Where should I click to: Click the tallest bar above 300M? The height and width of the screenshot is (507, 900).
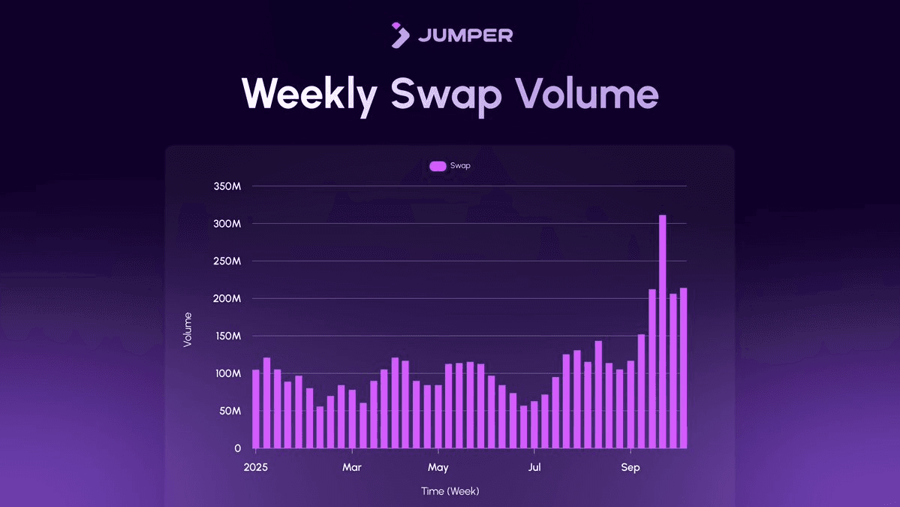click(x=663, y=330)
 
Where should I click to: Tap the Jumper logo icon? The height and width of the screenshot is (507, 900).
click(x=400, y=35)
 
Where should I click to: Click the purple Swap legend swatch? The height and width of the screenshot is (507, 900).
click(x=438, y=166)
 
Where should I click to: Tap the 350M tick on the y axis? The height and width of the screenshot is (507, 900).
click(x=226, y=186)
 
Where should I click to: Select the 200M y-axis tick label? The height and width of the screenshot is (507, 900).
click(x=226, y=298)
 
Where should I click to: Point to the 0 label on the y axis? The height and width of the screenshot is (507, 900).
click(x=237, y=448)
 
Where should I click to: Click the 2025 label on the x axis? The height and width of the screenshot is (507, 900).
click(x=255, y=468)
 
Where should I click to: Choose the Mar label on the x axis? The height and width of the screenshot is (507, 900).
click(x=352, y=468)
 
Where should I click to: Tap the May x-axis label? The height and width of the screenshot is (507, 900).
click(x=438, y=468)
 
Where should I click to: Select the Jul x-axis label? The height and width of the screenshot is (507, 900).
click(x=534, y=468)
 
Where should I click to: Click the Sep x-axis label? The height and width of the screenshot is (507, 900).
click(x=631, y=468)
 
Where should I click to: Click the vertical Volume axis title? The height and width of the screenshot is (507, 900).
click(x=188, y=329)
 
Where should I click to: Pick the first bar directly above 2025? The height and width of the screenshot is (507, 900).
click(x=256, y=409)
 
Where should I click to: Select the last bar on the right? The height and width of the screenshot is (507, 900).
click(x=683, y=368)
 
